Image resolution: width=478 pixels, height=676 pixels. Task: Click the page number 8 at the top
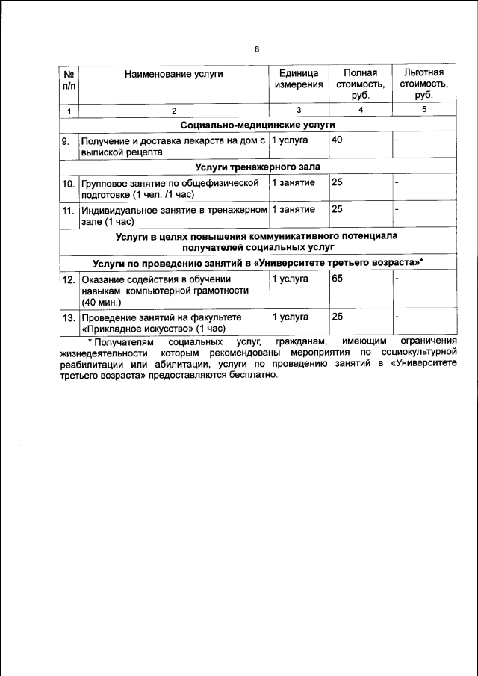pyautogui.click(x=257, y=49)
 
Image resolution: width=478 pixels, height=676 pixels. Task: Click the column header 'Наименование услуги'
pyautogui.click(x=174, y=73)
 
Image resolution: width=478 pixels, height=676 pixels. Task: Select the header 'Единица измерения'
pyautogui.click(x=298, y=78)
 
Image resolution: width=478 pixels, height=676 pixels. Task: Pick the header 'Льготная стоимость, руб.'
pyautogui.click(x=423, y=84)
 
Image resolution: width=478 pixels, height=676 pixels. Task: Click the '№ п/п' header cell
pyautogui.click(x=69, y=78)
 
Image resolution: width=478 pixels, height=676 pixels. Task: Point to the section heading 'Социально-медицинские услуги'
pyautogui.click(x=257, y=124)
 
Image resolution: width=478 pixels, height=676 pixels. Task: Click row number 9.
pyautogui.click(x=66, y=140)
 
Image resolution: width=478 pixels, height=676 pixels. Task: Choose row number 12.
pyautogui.click(x=68, y=279)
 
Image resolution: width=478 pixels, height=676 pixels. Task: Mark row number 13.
pyautogui.click(x=68, y=317)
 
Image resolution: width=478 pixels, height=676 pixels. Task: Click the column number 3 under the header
pyautogui.click(x=298, y=111)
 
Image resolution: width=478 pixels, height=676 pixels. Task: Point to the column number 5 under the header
pyautogui.click(x=423, y=111)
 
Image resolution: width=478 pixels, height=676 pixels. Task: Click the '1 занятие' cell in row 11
pyautogui.click(x=293, y=209)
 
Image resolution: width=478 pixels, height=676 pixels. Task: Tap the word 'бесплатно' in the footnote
pyautogui.click(x=252, y=376)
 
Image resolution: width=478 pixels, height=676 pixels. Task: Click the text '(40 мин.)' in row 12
pyautogui.click(x=101, y=303)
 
